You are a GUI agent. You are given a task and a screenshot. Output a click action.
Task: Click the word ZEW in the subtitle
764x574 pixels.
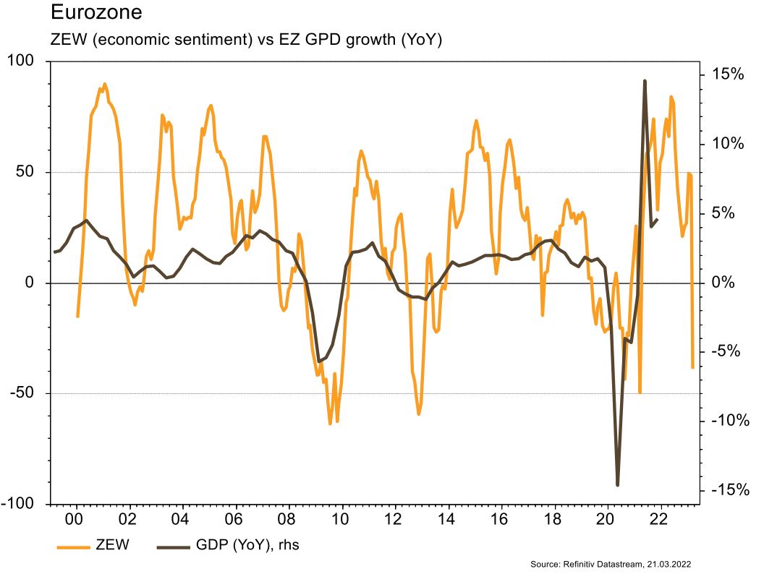coord(69,40)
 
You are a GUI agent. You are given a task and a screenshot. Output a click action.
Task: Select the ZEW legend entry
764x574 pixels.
coord(112,545)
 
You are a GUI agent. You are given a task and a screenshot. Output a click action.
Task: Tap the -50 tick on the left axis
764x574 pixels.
coord(26,394)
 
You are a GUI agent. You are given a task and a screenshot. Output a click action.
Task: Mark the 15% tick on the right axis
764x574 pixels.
coord(726,74)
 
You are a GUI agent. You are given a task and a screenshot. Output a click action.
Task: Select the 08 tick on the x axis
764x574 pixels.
coord(286,519)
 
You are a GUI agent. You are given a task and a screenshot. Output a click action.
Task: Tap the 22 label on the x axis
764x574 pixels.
coord(658,519)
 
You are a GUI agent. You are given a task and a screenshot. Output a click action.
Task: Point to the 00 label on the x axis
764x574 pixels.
coord(74,519)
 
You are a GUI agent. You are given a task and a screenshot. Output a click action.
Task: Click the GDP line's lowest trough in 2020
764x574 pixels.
coord(618,485)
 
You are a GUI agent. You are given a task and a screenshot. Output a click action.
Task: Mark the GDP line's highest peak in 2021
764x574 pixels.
coord(645,81)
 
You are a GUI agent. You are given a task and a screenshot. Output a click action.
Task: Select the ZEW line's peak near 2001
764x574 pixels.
coord(104,84)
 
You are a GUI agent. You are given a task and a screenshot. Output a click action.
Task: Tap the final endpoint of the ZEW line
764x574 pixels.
coord(692,367)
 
